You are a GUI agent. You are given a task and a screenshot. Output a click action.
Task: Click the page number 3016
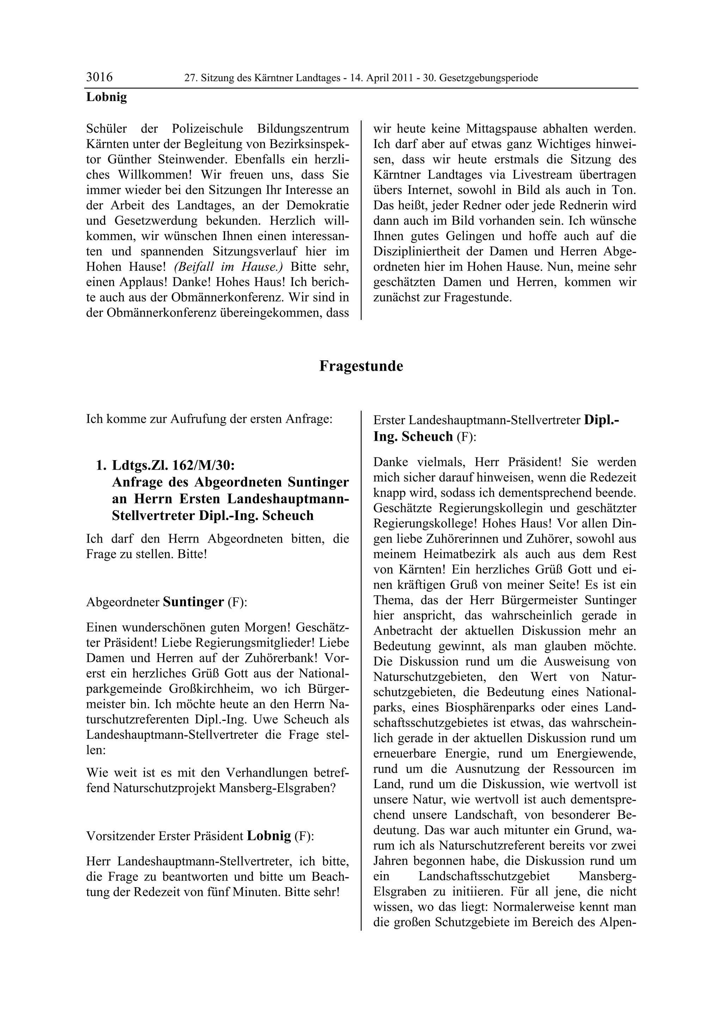[x=99, y=78]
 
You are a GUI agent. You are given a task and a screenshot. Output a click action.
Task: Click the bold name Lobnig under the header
[x=106, y=97]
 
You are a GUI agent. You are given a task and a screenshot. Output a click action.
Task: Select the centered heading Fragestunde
[x=361, y=366]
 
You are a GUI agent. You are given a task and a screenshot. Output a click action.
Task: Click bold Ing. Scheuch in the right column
[x=413, y=437]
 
